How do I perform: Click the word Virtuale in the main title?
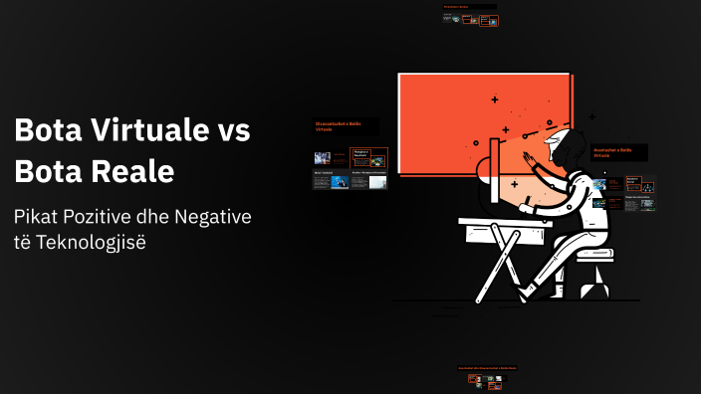148,130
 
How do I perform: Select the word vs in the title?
232,130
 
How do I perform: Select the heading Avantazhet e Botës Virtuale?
618,152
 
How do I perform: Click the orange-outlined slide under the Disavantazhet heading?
369,157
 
